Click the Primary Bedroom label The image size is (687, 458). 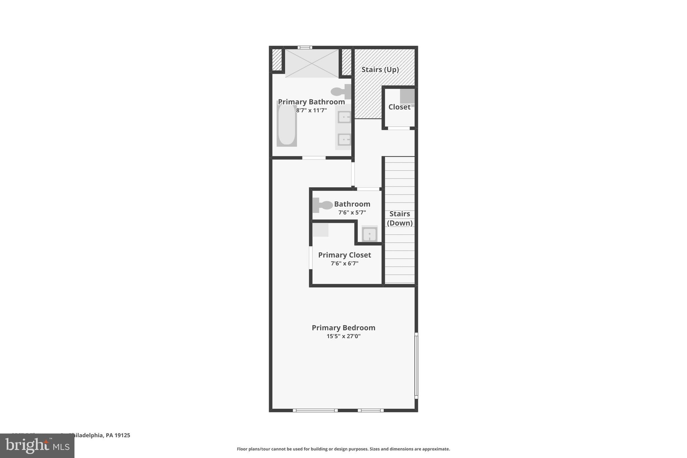click(343, 327)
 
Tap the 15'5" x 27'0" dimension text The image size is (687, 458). click(343, 336)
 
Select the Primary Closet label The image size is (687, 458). click(344, 255)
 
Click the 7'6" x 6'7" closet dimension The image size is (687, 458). click(344, 264)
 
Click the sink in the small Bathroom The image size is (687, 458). click(369, 234)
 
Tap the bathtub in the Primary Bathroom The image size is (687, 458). click(286, 124)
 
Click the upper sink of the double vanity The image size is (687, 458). click(344, 117)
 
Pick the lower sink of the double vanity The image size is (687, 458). click(344, 140)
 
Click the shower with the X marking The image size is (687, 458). click(312, 63)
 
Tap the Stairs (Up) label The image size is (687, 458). click(380, 70)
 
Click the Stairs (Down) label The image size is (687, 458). click(400, 218)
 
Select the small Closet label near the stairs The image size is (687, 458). click(399, 107)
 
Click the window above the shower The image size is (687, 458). click(305, 47)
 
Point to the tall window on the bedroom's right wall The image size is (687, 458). click(416, 365)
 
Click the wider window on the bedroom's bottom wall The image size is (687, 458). click(315, 410)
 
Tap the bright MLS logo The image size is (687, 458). click(37, 446)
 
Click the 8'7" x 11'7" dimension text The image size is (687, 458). click(311, 110)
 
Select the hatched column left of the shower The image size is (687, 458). click(276, 60)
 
